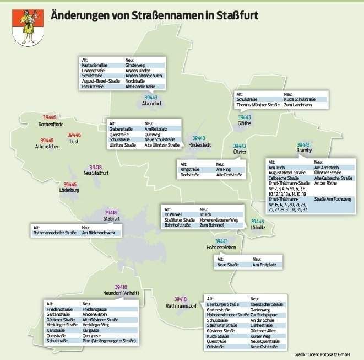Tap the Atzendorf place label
coord(150,103)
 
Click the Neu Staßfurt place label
coord(96,173)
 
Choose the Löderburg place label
coord(69,190)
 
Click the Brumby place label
coord(304,151)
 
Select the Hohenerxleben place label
coord(221,248)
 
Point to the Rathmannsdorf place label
coord(181,305)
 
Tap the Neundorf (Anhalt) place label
coord(121,294)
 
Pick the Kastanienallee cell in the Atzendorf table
coord(93,65)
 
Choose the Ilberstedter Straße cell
coord(267,304)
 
